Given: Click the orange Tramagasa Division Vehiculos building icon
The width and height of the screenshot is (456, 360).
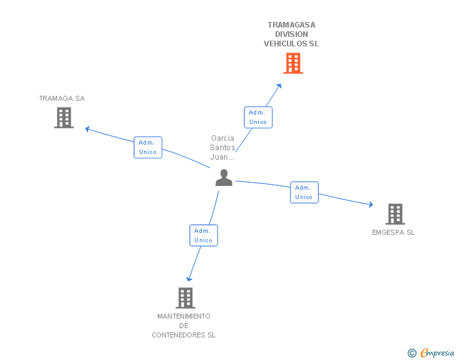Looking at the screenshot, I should pyautogui.click(x=293, y=63).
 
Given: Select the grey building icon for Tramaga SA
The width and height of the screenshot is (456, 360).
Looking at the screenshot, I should pyautogui.click(x=64, y=118).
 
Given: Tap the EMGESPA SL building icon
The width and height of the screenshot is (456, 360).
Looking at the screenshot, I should pyautogui.click(x=395, y=214).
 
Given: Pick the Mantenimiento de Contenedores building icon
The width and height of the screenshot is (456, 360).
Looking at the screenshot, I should pyautogui.click(x=185, y=298).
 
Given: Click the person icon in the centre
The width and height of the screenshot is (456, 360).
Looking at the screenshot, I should pyautogui.click(x=224, y=178).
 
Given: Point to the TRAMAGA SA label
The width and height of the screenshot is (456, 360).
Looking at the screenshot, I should pyautogui.click(x=61, y=98).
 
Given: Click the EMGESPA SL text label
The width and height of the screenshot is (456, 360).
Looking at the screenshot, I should pyautogui.click(x=393, y=232).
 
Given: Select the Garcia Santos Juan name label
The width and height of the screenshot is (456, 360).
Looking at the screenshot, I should pyautogui.click(x=223, y=148).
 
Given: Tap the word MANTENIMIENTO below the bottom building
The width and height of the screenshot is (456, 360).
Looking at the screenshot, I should pyautogui.click(x=184, y=316).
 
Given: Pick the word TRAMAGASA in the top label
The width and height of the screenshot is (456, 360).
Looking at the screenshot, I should pyautogui.click(x=291, y=25).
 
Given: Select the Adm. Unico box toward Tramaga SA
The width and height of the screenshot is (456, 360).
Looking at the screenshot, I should pyautogui.click(x=148, y=147).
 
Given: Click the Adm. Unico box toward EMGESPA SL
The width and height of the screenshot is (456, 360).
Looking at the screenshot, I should pyautogui.click(x=304, y=192).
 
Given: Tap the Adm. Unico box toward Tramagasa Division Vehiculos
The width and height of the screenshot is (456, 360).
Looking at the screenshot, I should pyautogui.click(x=257, y=117).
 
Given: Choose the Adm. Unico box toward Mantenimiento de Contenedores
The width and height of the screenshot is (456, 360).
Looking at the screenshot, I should pyautogui.click(x=204, y=235).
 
